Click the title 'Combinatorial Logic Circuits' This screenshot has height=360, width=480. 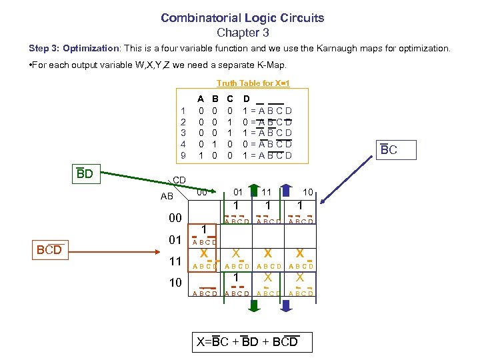pyautogui.click(x=242, y=18)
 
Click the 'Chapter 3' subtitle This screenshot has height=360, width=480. pyautogui.click(x=242, y=32)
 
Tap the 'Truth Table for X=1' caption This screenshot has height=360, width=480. pyautogui.click(x=253, y=83)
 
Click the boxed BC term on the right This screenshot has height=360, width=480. pyautogui.click(x=389, y=150)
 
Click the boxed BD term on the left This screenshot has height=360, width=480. pyautogui.click(x=85, y=174)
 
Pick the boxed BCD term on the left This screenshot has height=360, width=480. pyautogui.click(x=49, y=249)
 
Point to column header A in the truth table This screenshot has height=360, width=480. pyautogui.click(x=201, y=97)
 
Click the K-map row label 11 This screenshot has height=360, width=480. pyautogui.click(x=175, y=261)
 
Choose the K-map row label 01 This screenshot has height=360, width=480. pyautogui.click(x=175, y=239)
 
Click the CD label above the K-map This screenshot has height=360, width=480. pyautogui.click(x=179, y=180)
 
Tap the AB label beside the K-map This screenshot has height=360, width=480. pyautogui.click(x=167, y=197)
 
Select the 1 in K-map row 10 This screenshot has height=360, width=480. pyautogui.click(x=236, y=276)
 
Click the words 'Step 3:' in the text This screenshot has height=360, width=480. pyautogui.click(x=44, y=49)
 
